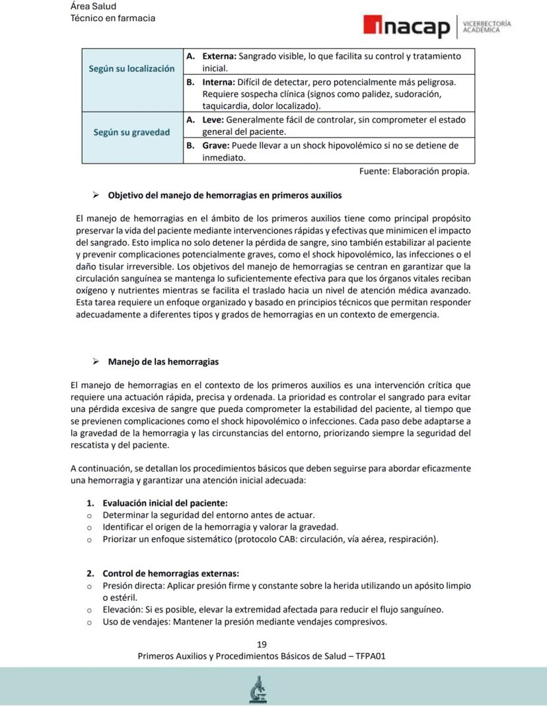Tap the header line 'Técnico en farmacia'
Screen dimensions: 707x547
tap(113, 18)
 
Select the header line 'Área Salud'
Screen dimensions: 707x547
tap(93, 6)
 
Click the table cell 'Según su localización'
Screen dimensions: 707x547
tap(132, 69)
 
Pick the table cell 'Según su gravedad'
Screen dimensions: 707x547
tap(132, 132)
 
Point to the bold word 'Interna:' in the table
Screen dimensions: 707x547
tap(217, 82)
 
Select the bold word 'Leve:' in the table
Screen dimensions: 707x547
tap(213, 120)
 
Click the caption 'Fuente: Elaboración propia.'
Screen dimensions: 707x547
tap(414, 172)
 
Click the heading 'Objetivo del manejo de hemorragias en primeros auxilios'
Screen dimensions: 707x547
tap(225, 195)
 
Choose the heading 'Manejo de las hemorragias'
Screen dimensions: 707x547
tap(163, 362)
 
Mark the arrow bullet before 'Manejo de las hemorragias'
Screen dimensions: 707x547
tap(96, 362)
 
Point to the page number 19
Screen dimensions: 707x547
tap(262, 644)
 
